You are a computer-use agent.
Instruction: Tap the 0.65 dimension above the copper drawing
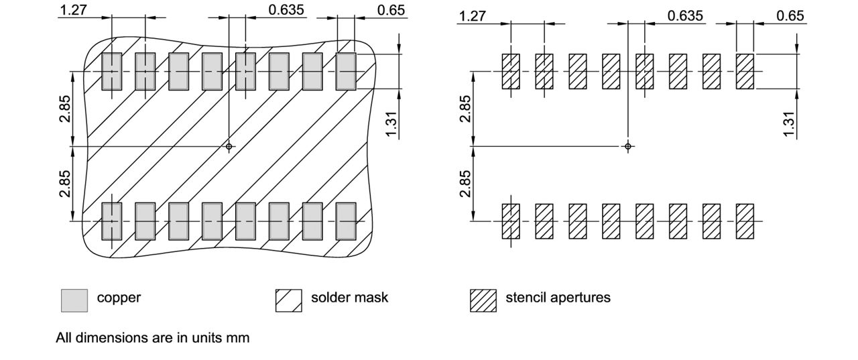(x=391, y=10)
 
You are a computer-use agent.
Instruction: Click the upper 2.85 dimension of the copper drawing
(x=64, y=109)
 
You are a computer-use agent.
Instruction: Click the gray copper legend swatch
(x=74, y=300)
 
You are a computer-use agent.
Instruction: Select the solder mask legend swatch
(x=285, y=300)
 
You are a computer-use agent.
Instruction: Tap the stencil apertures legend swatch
(x=483, y=300)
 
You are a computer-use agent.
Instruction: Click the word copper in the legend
(x=119, y=298)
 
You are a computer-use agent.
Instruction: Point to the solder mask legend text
(x=349, y=298)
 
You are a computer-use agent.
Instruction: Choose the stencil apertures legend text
(x=558, y=298)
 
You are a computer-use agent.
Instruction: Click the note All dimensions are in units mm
(x=152, y=338)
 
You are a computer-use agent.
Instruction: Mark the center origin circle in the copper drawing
(x=229, y=146)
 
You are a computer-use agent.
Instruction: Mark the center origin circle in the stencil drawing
(x=627, y=146)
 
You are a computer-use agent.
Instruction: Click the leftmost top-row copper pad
(x=111, y=71)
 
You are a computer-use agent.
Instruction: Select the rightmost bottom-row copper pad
(x=345, y=221)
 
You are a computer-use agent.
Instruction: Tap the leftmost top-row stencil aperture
(x=511, y=71)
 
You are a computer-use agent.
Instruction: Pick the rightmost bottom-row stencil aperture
(x=745, y=221)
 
